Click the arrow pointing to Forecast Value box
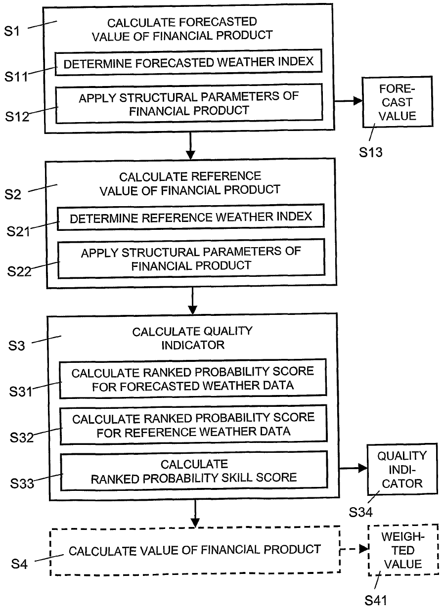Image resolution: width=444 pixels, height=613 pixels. click(x=348, y=101)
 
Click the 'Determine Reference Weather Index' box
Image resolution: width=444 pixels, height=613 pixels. click(x=191, y=218)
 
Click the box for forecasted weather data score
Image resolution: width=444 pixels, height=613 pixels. click(x=193, y=379)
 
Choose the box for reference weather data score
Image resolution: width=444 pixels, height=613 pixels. click(x=193, y=425)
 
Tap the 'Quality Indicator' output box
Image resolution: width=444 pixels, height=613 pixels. click(x=401, y=469)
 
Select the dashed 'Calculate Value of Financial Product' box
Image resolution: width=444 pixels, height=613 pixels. click(x=194, y=550)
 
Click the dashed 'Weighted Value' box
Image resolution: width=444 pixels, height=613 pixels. click(x=403, y=550)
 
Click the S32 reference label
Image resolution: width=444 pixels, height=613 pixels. click(x=22, y=438)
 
